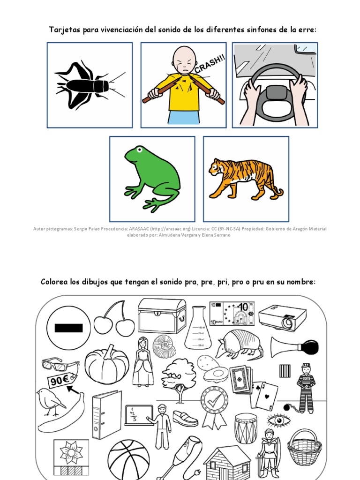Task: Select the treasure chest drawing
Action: [162, 315]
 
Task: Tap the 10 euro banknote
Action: [232, 314]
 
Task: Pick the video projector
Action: [283, 317]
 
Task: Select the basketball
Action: [128, 459]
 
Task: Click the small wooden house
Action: [227, 462]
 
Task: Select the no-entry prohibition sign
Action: [68, 327]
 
